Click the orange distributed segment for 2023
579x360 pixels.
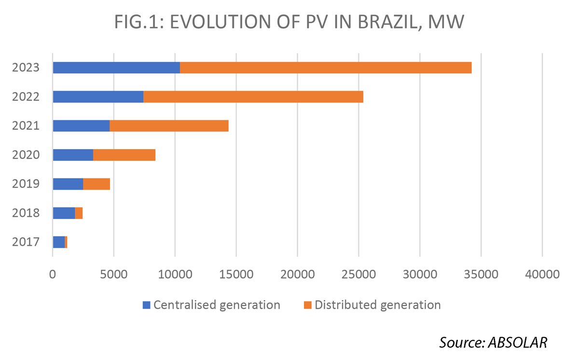326,68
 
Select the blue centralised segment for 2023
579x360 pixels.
116,68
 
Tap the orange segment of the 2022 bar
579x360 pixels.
253,97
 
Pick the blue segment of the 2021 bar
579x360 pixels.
81,125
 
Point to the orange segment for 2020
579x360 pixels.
124,155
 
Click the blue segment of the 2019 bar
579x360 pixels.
68,184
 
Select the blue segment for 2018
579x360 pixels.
64,213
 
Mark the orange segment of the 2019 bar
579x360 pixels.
96,184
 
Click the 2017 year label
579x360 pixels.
25,242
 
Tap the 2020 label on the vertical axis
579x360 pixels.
25,155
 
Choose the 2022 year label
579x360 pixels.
25,97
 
